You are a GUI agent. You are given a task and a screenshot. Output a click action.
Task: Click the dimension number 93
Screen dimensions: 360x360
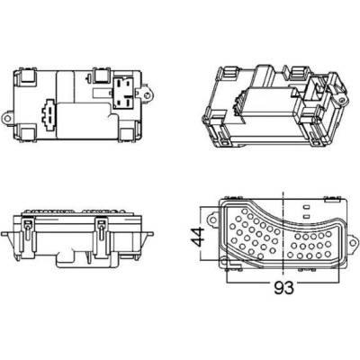click(283, 288)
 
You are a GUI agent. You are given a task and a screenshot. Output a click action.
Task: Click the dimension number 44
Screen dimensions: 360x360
click(198, 237)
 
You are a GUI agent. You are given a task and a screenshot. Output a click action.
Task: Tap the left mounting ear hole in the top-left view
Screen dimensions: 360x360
click(9, 117)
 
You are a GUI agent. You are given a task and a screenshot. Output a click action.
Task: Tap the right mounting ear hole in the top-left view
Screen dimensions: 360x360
click(147, 95)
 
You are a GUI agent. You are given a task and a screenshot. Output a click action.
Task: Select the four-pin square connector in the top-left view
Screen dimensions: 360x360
click(124, 92)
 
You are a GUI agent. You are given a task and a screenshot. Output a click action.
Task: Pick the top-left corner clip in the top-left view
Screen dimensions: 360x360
click(29, 75)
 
